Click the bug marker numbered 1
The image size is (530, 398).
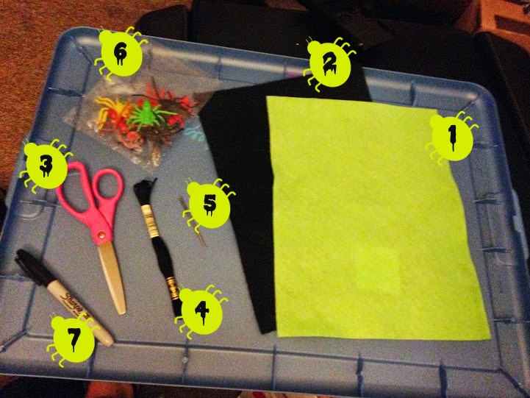click(x=452, y=138)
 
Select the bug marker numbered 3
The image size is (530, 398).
click(x=46, y=166)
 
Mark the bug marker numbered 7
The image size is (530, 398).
click(x=74, y=339)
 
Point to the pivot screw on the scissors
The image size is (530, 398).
click(x=101, y=235)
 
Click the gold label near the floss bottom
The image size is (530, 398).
click(x=172, y=285)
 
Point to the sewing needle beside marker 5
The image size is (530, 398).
click(x=192, y=222)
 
